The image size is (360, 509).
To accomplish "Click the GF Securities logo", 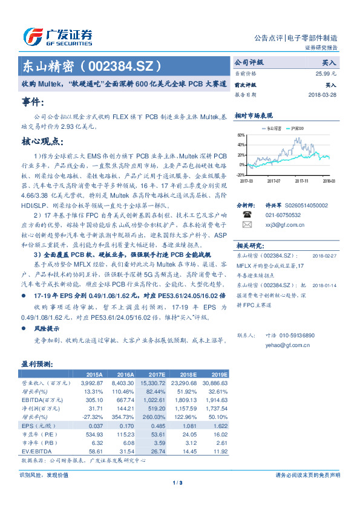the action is coord(57,36).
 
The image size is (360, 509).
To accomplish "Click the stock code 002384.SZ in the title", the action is coord(122,65).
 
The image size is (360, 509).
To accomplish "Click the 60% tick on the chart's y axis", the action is coord(241,135).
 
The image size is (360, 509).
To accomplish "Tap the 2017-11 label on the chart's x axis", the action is coord(303,180).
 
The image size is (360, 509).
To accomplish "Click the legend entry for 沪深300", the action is coord(296,129).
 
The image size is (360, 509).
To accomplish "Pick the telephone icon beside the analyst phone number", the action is coord(246,214).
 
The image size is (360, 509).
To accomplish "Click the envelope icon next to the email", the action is coord(246,224).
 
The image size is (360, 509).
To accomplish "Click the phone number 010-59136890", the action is coord(294,335).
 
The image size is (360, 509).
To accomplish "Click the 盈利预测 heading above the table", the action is coord(37,365).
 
